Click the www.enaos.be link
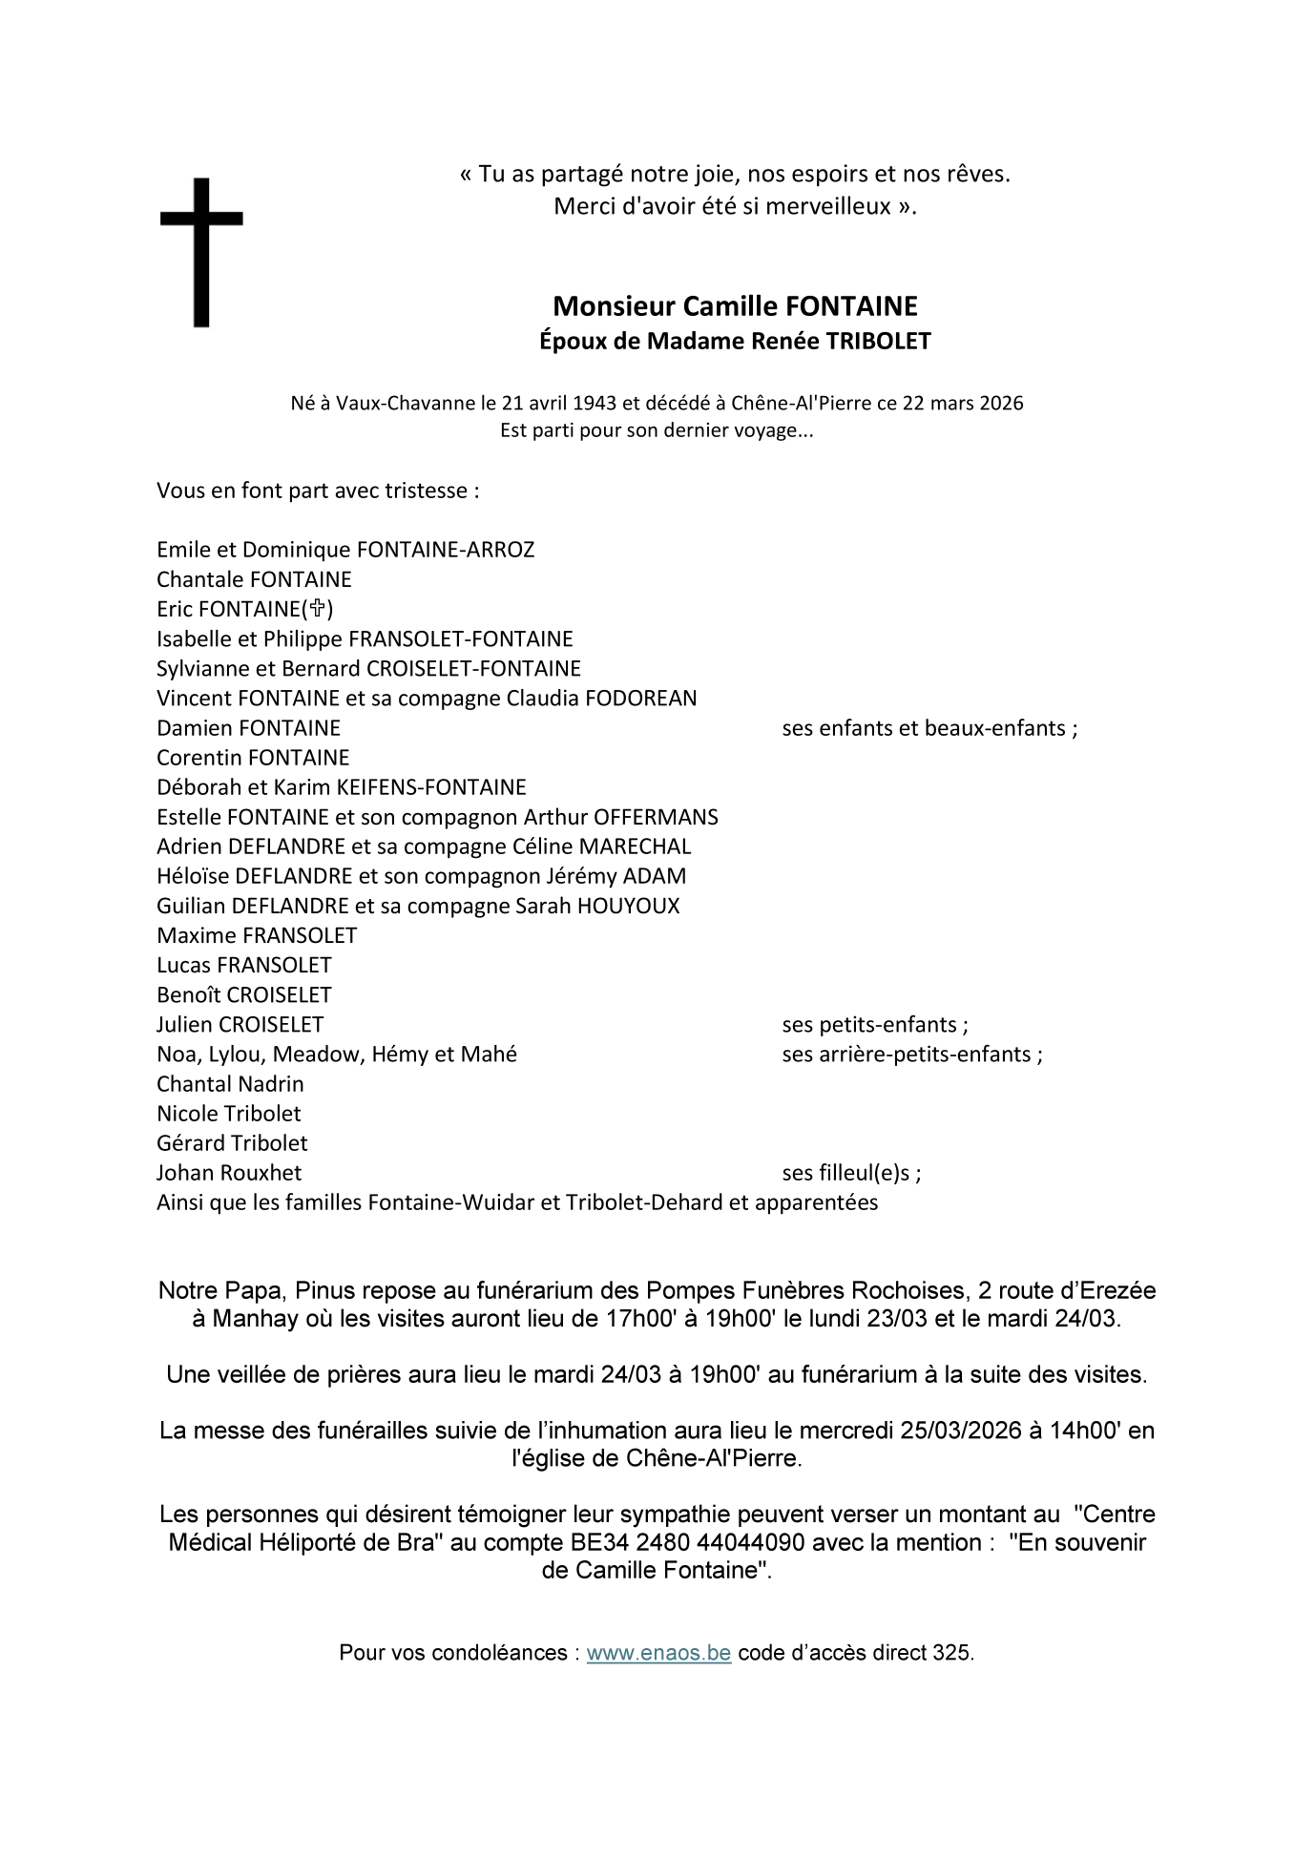pyautogui.click(x=658, y=1653)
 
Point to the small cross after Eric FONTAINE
pyautogui.click(x=318, y=609)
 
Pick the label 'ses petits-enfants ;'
pyautogui.click(x=874, y=1025)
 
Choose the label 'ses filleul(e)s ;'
pyautogui.click(x=851, y=1173)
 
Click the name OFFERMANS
pyautogui.click(x=656, y=817)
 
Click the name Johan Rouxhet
pyautogui.click(x=229, y=1173)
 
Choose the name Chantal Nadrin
pyautogui.click(x=230, y=1084)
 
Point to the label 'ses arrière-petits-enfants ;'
pyautogui.click(x=911, y=1055)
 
